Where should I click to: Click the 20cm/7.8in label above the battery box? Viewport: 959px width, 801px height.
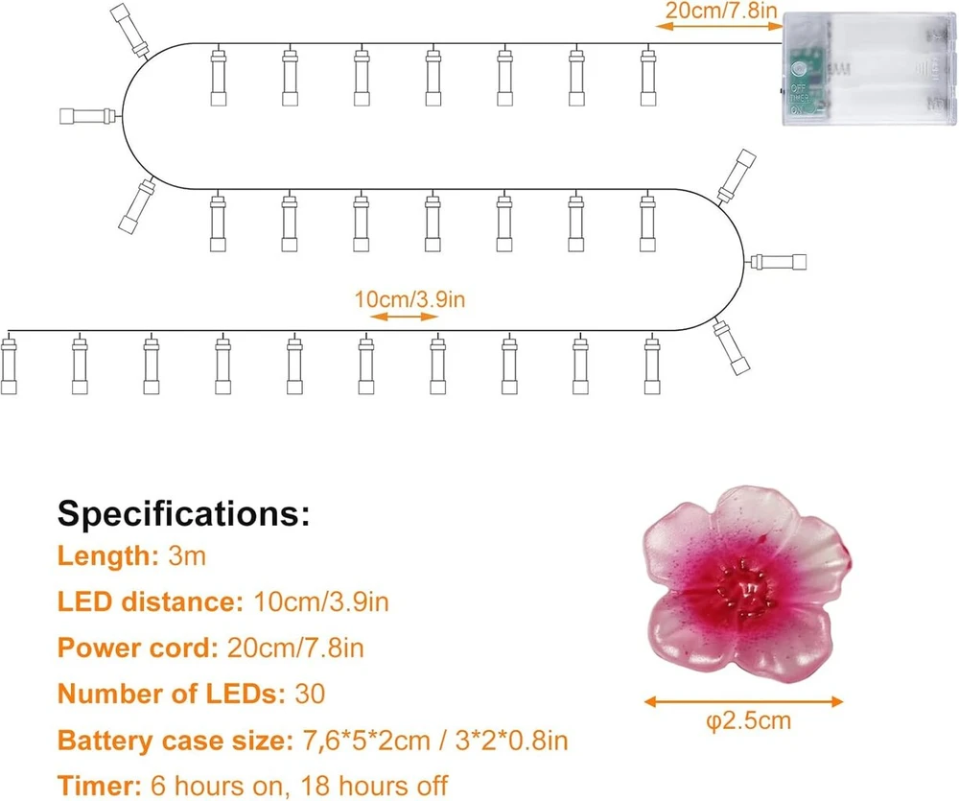721,11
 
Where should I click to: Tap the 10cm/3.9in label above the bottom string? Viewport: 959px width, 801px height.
409,299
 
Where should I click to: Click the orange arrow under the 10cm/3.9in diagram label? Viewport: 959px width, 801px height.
405,317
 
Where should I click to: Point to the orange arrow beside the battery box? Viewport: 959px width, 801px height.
718,26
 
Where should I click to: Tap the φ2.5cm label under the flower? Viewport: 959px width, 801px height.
749,720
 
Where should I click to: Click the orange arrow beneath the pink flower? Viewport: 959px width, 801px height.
744,702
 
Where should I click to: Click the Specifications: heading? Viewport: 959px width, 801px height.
183,513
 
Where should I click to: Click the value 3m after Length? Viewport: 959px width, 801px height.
187,556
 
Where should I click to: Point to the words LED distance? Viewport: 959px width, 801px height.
151,602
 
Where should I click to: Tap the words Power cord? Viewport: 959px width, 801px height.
137,648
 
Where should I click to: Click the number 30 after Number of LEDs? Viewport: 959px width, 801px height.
310,694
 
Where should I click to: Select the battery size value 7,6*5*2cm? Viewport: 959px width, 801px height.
366,741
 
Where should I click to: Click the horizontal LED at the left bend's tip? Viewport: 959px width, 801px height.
88,116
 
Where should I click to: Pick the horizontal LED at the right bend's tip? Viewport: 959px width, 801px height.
778,262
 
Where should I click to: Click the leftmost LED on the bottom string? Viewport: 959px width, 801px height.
9,365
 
